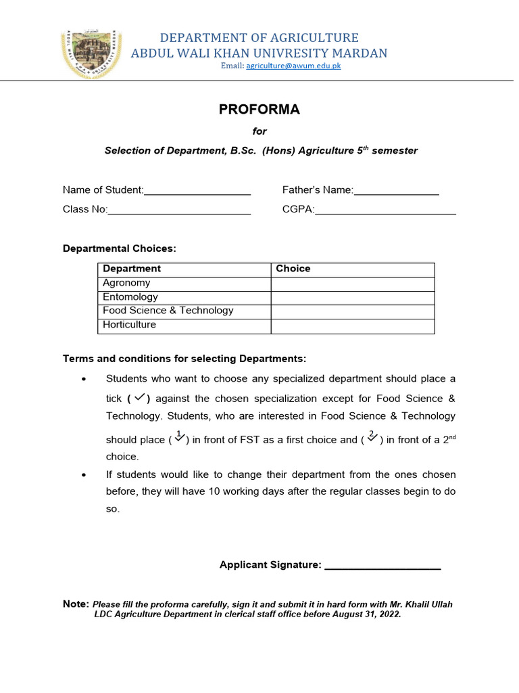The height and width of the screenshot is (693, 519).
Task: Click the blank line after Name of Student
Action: (x=197, y=194)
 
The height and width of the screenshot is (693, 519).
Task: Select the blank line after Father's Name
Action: (x=397, y=194)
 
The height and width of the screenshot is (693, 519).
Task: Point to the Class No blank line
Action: (x=179, y=213)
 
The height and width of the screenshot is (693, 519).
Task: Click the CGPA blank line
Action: (x=385, y=213)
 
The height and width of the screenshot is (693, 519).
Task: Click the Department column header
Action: (x=132, y=269)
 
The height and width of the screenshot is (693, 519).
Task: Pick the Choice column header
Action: (x=293, y=269)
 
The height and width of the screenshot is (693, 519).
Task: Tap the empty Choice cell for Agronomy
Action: (x=352, y=284)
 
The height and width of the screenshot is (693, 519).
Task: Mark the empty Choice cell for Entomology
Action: (x=352, y=298)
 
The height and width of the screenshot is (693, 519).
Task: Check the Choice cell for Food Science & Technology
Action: (x=352, y=311)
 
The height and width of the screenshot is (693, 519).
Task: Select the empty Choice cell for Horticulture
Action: (x=352, y=326)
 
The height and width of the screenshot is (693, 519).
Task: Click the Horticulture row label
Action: (x=129, y=325)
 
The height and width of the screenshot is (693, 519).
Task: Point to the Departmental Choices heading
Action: (x=119, y=249)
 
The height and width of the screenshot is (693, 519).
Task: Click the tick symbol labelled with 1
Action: (x=179, y=437)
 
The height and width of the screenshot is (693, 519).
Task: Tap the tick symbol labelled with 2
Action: (x=372, y=437)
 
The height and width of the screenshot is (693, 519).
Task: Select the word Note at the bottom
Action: (x=76, y=604)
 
